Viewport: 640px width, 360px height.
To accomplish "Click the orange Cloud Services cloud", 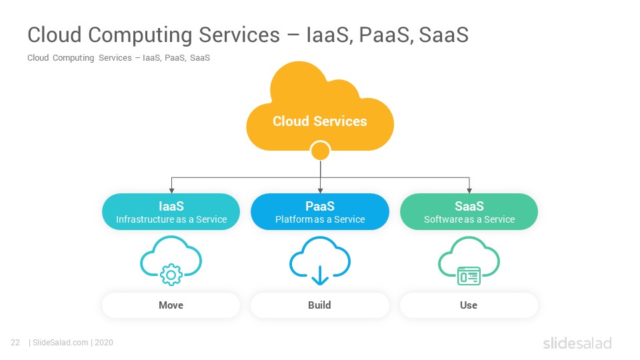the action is pos(320,110).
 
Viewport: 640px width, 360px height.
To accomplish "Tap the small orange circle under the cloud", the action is pos(320,151).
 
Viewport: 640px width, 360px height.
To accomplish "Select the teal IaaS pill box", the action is pos(171,211).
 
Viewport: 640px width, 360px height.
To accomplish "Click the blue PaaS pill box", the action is pos(320,211).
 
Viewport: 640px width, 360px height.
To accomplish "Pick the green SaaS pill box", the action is pos(469,211).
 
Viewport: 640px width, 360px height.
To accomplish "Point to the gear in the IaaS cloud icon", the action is pos(171,275).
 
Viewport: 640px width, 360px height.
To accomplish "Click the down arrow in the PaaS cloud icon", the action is pos(320,275).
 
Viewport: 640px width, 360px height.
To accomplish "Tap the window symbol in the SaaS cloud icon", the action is pos(469,276).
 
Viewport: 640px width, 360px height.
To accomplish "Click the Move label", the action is pos(171,305).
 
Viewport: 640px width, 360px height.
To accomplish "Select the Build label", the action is pos(319,305).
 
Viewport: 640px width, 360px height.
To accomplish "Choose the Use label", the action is pos(469,305).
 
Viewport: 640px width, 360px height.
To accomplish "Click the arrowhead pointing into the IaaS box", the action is pos(171,191).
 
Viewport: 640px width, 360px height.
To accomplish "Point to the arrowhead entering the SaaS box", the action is pos(469,191).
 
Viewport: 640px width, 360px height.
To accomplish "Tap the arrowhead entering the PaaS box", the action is pos(321,191).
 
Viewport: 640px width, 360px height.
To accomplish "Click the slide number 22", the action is pos(15,343).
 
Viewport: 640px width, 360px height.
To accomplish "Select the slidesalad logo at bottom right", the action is pos(577,343).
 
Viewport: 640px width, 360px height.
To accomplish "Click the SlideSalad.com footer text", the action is pos(61,343).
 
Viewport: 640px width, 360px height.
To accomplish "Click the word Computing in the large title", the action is pos(140,35).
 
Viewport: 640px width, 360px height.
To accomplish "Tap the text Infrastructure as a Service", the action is pos(171,219).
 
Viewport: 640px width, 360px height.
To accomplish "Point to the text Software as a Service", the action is pos(469,219).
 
